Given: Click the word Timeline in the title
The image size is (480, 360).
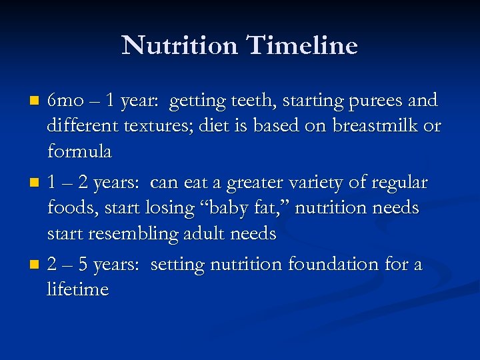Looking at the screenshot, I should click(303, 45).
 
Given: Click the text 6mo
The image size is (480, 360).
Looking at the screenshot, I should click(65, 101).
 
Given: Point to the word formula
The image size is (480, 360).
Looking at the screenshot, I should click(79, 151).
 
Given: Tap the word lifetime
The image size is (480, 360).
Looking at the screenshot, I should click(77, 289).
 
